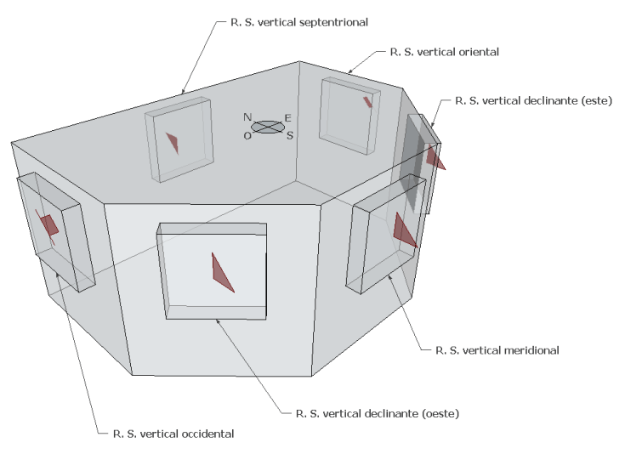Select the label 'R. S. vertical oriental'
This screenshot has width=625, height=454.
click(x=444, y=52)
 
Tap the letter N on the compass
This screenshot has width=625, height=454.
click(x=247, y=117)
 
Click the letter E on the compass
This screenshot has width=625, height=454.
click(x=288, y=118)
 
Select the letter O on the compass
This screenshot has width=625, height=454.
click(x=247, y=135)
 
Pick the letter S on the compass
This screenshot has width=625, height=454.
click(x=289, y=135)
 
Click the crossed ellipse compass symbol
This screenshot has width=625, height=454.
click(x=268, y=127)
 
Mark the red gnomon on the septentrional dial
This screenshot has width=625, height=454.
click(x=173, y=143)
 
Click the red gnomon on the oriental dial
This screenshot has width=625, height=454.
click(x=367, y=102)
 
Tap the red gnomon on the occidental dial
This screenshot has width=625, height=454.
click(x=48, y=225)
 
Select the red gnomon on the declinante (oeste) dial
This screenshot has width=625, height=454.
click(x=221, y=272)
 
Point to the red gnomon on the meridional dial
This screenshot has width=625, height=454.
click(x=404, y=230)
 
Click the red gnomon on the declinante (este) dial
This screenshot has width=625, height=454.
click(x=435, y=157)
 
